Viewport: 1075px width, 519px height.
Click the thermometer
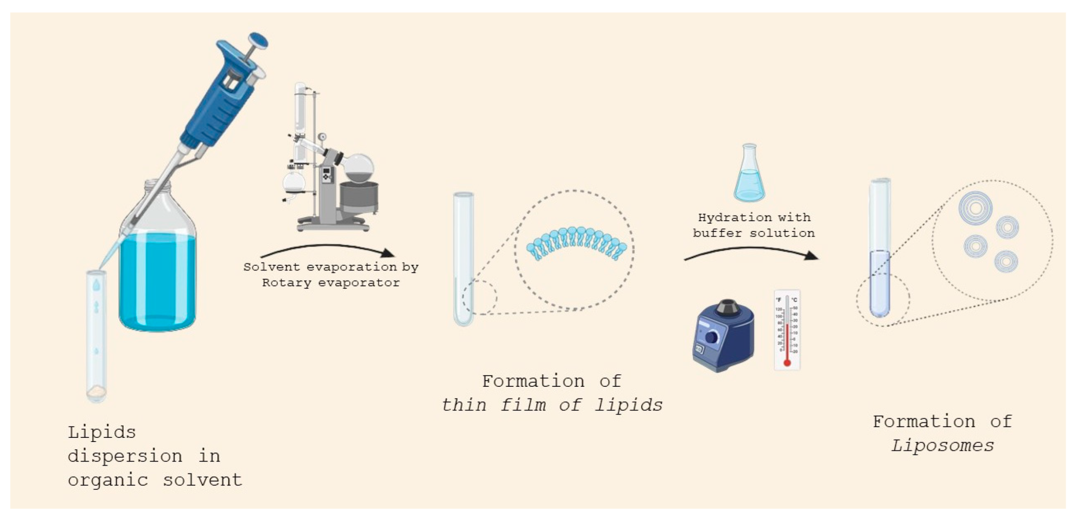coord(787,329)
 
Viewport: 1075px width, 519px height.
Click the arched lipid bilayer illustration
coord(576,244)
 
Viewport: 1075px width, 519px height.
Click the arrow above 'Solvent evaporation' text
coord(328,250)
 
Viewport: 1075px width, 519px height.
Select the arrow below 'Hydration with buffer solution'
coord(751,253)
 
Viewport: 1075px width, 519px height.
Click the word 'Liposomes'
coord(942,446)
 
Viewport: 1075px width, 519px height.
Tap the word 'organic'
coord(108,480)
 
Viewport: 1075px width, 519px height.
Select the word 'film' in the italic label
coord(523,404)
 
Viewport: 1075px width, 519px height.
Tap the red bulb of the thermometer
coord(787,363)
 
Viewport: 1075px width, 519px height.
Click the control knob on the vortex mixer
coord(711,337)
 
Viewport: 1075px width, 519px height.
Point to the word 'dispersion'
coord(125,456)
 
